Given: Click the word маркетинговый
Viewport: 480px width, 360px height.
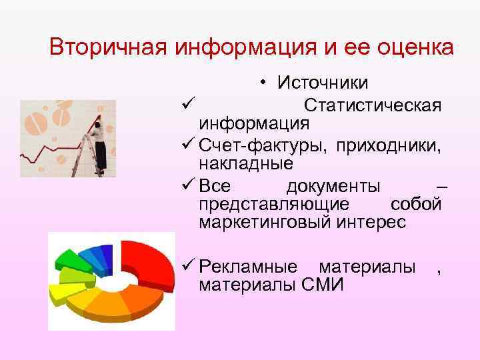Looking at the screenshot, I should (264, 222).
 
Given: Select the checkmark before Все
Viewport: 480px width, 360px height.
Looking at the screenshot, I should (187, 185).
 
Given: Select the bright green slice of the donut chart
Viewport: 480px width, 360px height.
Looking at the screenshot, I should (69, 260).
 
